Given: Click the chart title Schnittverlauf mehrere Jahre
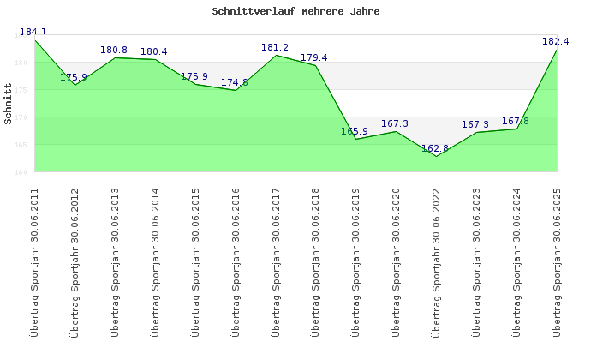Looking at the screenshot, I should pos(295,12).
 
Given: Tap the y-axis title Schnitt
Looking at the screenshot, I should pos(8,103).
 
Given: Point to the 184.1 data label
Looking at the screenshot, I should pos(33,33).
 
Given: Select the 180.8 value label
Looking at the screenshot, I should pos(114,50).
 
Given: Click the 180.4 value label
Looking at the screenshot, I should pos(154,51).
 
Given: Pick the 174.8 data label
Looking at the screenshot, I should pos(235,82).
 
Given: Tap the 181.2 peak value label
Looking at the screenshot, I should pos(275,47).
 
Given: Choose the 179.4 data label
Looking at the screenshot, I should pos(314,57).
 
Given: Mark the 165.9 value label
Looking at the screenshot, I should pos(355,131).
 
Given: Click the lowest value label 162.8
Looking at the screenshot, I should pos(435,148).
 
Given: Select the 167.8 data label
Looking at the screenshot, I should pos(516,121).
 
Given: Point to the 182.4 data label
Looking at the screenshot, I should pos(556,41).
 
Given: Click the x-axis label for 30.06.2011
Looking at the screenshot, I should pos(34,261).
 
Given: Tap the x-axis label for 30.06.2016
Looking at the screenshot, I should pos(236,261).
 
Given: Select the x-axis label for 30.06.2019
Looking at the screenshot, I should pos(356,261).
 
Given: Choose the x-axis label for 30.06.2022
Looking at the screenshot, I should pos(436,261).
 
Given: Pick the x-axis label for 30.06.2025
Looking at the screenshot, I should pos(557,261).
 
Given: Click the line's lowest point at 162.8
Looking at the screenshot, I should pos(436,156).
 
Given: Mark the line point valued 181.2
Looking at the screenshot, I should pos(276,55).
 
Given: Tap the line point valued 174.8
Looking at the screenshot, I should pos(236,90).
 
